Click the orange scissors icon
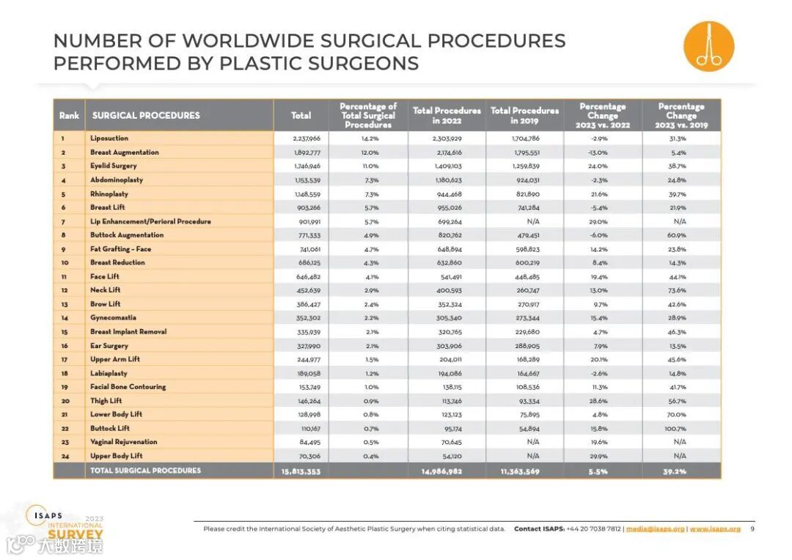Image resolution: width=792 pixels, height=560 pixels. (708, 46)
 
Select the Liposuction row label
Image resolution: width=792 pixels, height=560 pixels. (109, 139)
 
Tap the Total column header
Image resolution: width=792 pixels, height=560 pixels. (301, 116)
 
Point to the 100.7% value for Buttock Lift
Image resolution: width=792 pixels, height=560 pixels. (680, 428)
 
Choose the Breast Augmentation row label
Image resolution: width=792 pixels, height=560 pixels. (125, 152)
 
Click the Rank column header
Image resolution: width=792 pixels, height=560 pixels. (69, 116)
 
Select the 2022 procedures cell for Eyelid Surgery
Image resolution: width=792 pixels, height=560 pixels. (446, 166)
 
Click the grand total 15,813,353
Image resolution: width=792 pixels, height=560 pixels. (301, 471)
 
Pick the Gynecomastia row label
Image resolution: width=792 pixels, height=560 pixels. (114, 318)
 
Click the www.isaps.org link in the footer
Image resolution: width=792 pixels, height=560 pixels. (715, 529)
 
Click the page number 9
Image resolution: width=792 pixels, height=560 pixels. (752, 529)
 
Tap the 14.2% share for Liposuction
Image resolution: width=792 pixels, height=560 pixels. (370, 139)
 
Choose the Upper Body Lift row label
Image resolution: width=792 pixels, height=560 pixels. (117, 456)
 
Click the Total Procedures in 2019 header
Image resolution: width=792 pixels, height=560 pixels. (524, 116)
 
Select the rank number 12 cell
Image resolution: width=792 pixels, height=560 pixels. (64, 290)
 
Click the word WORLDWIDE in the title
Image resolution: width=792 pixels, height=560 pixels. (266, 41)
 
